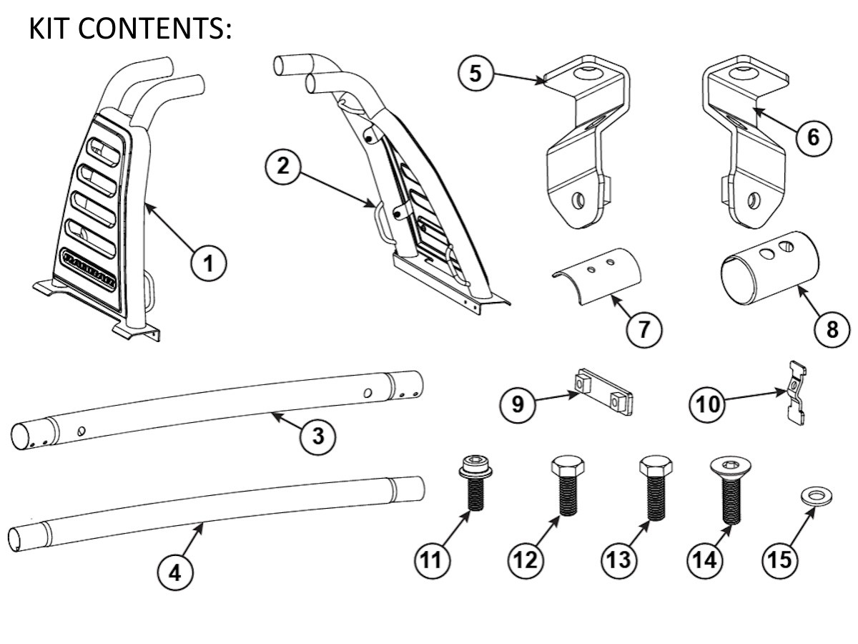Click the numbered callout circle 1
coord(207,264)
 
